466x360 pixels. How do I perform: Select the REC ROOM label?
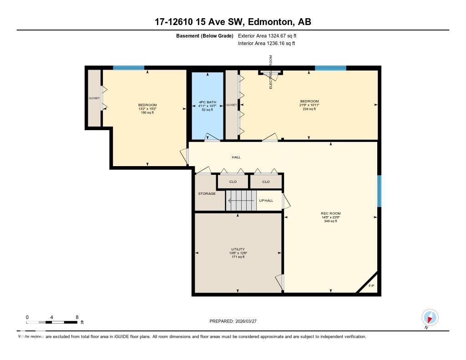click(x=330, y=213)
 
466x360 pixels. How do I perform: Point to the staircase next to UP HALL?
click(x=241, y=201)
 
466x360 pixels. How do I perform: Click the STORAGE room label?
click(x=207, y=194)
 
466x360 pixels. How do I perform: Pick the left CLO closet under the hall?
click(x=233, y=182)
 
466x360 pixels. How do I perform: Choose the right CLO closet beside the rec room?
click(x=266, y=182)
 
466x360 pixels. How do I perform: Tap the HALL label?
click(x=236, y=157)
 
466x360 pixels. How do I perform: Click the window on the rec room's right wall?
click(x=379, y=191)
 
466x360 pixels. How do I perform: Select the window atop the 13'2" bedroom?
click(x=128, y=68)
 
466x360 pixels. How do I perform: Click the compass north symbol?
click(x=430, y=317)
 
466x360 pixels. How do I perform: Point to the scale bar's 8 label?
click(x=77, y=317)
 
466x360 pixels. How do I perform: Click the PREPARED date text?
click(x=233, y=321)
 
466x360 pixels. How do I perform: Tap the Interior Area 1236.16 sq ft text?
click(x=266, y=44)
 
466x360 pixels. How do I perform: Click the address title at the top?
click(x=233, y=22)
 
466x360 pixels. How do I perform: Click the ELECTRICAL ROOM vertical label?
click(x=271, y=72)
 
